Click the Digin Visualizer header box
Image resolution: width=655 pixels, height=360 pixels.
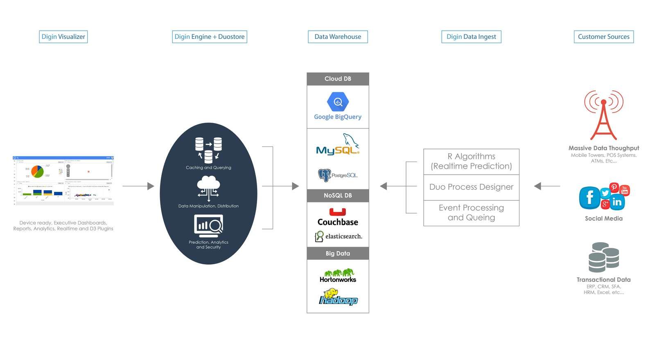[x=63, y=37]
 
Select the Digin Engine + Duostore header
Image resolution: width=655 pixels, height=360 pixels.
[x=210, y=37]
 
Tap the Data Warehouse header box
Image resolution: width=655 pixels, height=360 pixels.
[x=338, y=37]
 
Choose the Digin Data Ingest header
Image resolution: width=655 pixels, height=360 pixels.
[x=471, y=37]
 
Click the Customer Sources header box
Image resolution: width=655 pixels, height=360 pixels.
[x=603, y=37]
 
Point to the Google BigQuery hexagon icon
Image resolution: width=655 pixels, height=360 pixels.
[x=338, y=101]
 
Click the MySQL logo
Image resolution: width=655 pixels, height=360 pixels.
[x=338, y=145]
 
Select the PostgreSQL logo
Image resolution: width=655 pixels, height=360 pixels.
[x=338, y=175]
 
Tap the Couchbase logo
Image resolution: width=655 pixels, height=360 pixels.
[x=338, y=217]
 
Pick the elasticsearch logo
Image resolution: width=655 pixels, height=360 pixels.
[x=339, y=236]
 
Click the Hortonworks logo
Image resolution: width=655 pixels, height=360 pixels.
[x=338, y=276]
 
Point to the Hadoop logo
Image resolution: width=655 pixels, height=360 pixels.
[x=338, y=297]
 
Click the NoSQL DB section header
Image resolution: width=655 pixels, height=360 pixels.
[x=338, y=196]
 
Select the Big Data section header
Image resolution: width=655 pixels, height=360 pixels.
[x=338, y=254]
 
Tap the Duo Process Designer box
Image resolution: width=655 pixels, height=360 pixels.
[x=471, y=187]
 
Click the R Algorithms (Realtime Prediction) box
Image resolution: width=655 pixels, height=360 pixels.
[x=471, y=161]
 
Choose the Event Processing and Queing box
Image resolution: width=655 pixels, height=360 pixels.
[x=471, y=213]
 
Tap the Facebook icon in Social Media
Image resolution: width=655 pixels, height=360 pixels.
[x=589, y=198]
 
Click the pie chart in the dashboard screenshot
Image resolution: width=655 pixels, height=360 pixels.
[x=37, y=171]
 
